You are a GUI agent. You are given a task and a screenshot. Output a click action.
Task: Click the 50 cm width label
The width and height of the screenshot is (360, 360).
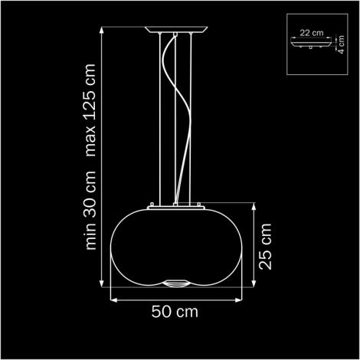175,312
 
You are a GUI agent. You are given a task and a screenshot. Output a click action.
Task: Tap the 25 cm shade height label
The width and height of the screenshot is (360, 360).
265,247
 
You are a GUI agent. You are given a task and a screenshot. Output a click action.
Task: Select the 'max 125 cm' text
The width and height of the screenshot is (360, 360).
90,110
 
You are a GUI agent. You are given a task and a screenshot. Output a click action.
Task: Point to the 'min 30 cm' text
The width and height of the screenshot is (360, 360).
90,210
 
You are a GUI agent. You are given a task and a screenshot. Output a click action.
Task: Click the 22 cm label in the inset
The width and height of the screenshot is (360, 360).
312,33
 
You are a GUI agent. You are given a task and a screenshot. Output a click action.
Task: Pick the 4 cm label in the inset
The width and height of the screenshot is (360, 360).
341,44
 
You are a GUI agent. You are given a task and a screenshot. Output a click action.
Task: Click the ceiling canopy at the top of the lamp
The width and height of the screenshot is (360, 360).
176,30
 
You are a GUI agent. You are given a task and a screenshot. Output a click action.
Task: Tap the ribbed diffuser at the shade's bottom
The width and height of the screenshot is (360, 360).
176,283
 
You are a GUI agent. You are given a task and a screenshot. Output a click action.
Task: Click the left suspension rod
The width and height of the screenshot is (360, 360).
160,119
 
